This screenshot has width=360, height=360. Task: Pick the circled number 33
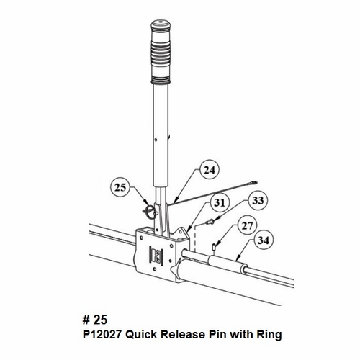[257, 198]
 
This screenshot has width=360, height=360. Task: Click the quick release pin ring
[148, 212]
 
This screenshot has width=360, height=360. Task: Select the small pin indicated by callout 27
[215, 248]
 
